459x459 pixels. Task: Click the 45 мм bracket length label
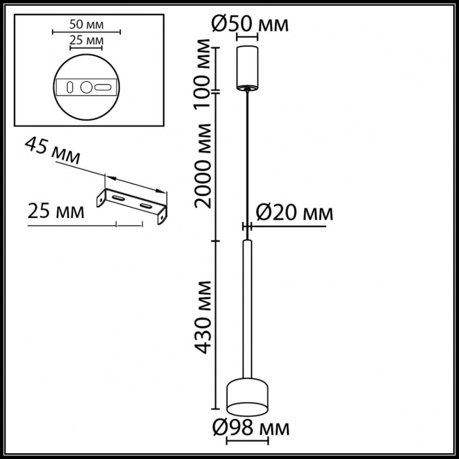pyautogui.click(x=52, y=150)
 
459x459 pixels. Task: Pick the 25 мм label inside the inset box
pyautogui.click(x=86, y=40)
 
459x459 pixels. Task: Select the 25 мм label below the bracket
pyautogui.click(x=56, y=211)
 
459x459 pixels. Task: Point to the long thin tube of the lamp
pyautogui.click(x=247, y=308)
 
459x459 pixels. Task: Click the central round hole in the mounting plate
pyautogui.click(x=86, y=87)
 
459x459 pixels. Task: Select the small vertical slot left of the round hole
pyautogui.click(x=70, y=87)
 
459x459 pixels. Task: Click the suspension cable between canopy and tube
pyautogui.click(x=247, y=161)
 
